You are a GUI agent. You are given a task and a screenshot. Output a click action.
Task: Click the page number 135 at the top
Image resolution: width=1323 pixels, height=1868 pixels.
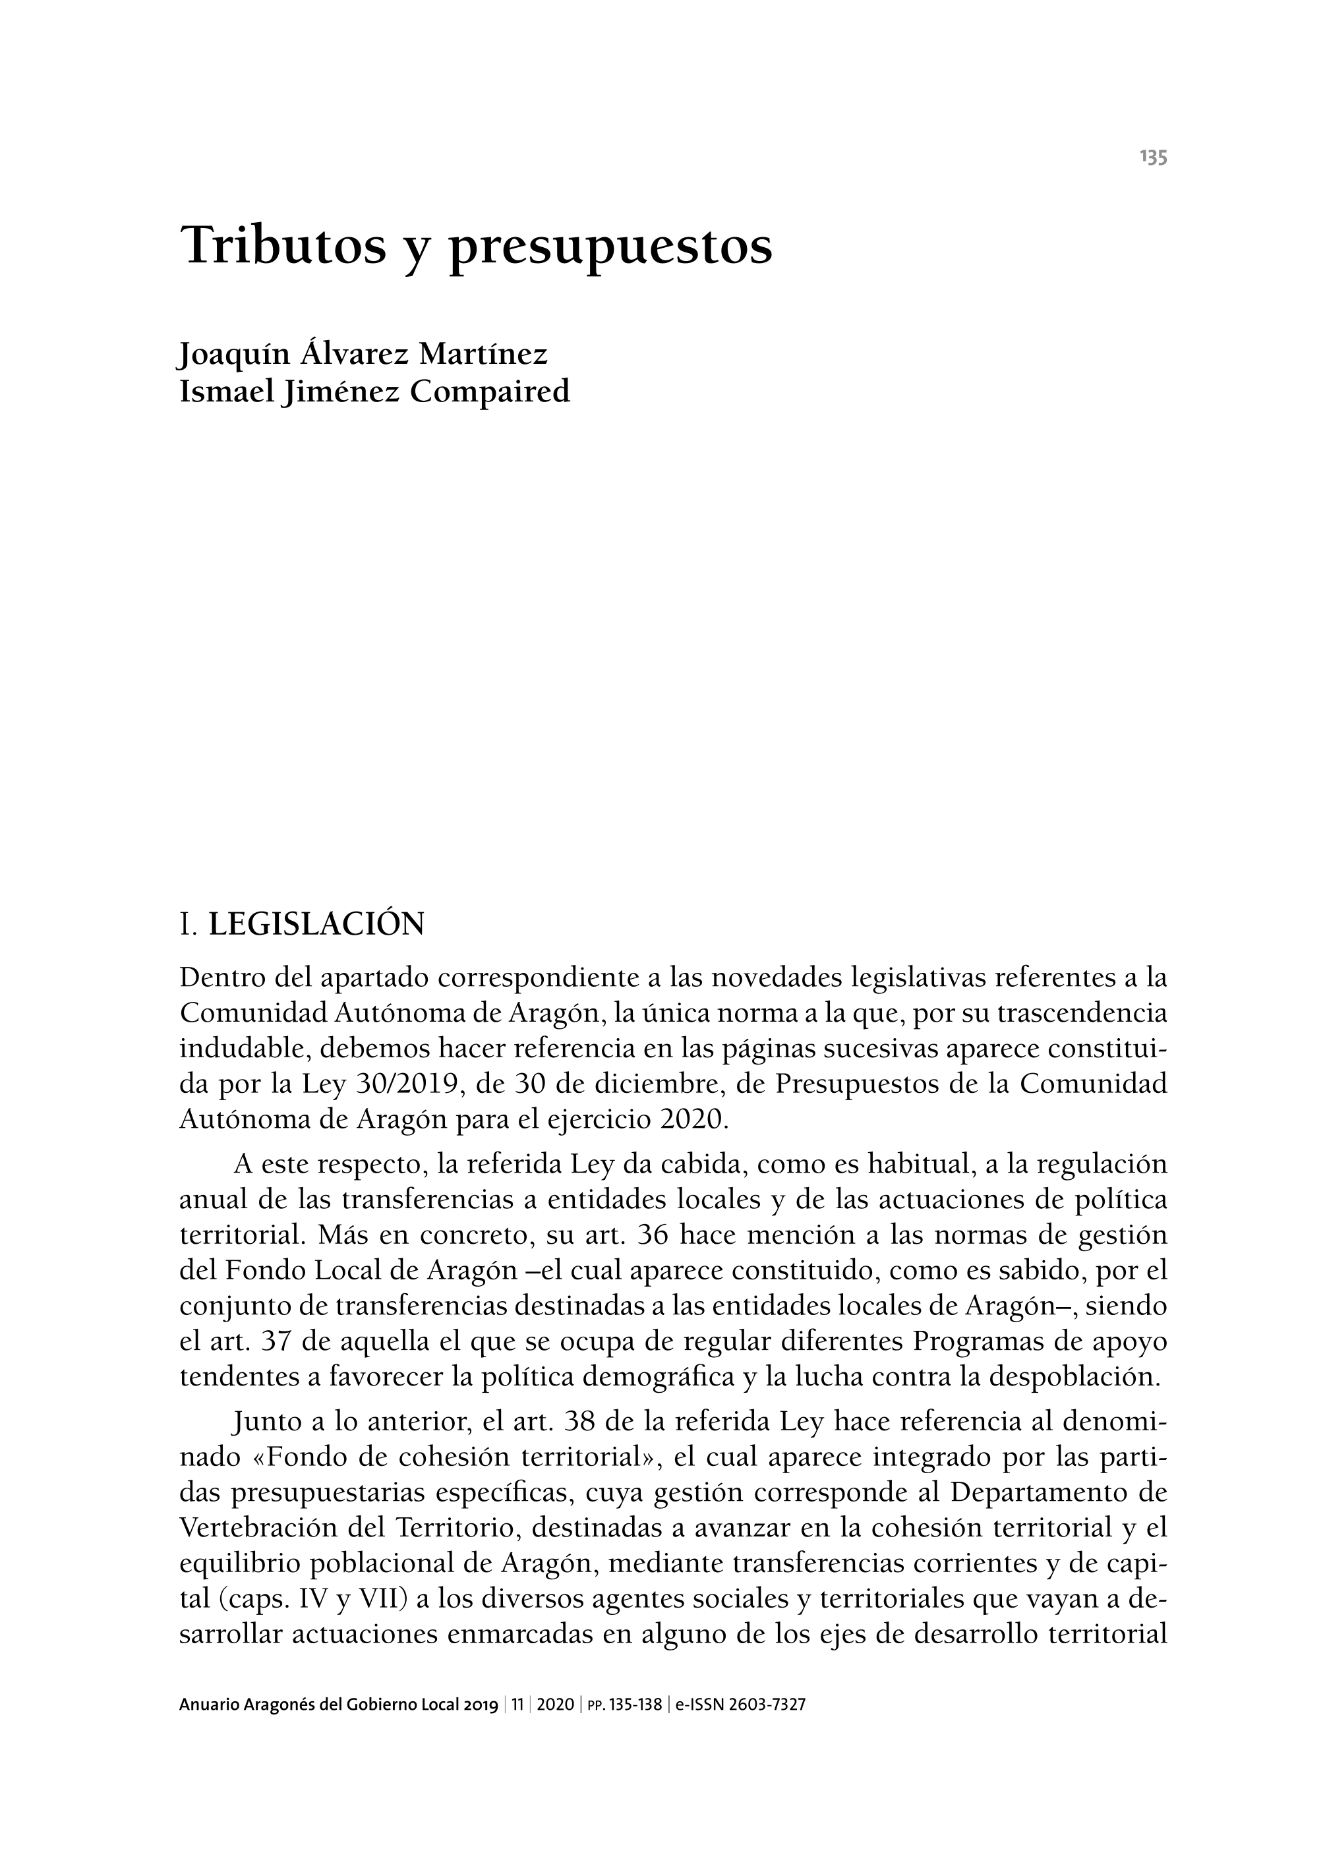point(1154,158)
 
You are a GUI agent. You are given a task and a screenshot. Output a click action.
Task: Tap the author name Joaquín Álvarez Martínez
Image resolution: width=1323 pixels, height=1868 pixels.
point(363,355)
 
